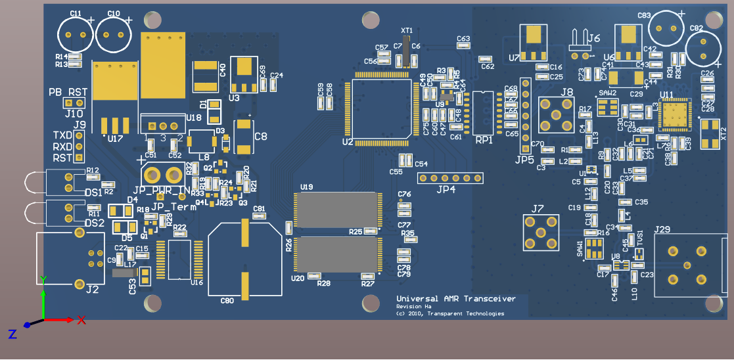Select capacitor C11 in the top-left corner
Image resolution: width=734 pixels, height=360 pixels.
76,34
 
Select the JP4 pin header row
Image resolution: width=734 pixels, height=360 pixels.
450,178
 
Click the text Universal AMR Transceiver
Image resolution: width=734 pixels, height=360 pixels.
455,299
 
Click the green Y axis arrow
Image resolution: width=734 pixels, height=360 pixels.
43,299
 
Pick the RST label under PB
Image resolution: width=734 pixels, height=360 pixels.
78,92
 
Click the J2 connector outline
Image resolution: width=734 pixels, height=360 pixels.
66,258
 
